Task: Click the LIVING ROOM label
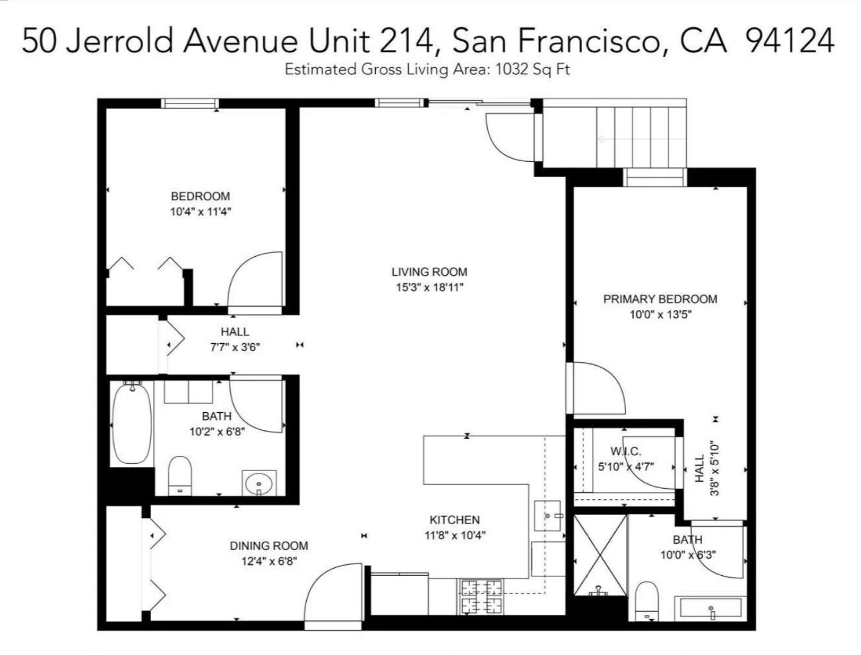tap(429, 272)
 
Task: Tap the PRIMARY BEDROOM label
tap(660, 299)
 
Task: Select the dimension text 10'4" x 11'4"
tap(201, 212)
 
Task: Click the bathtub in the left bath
tap(132, 423)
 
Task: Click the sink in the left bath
tap(259, 483)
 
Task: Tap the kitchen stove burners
tap(480, 597)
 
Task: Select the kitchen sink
tap(547, 516)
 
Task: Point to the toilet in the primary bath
tap(646, 601)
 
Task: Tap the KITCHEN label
tap(454, 520)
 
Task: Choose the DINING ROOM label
tap(269, 546)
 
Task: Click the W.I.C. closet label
tap(625, 451)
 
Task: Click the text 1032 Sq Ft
tap(533, 69)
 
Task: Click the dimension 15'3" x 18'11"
tap(429, 288)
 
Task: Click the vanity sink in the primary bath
tap(711, 608)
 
